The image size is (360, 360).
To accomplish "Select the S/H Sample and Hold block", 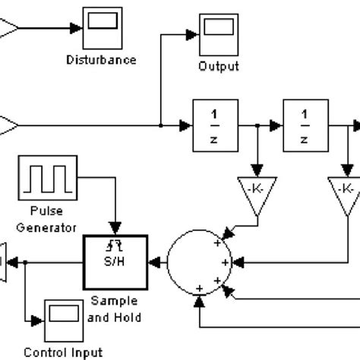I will tap(115, 262).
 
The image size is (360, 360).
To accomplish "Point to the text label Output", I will tap(218, 65).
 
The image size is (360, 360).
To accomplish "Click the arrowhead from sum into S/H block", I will tap(154, 262).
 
